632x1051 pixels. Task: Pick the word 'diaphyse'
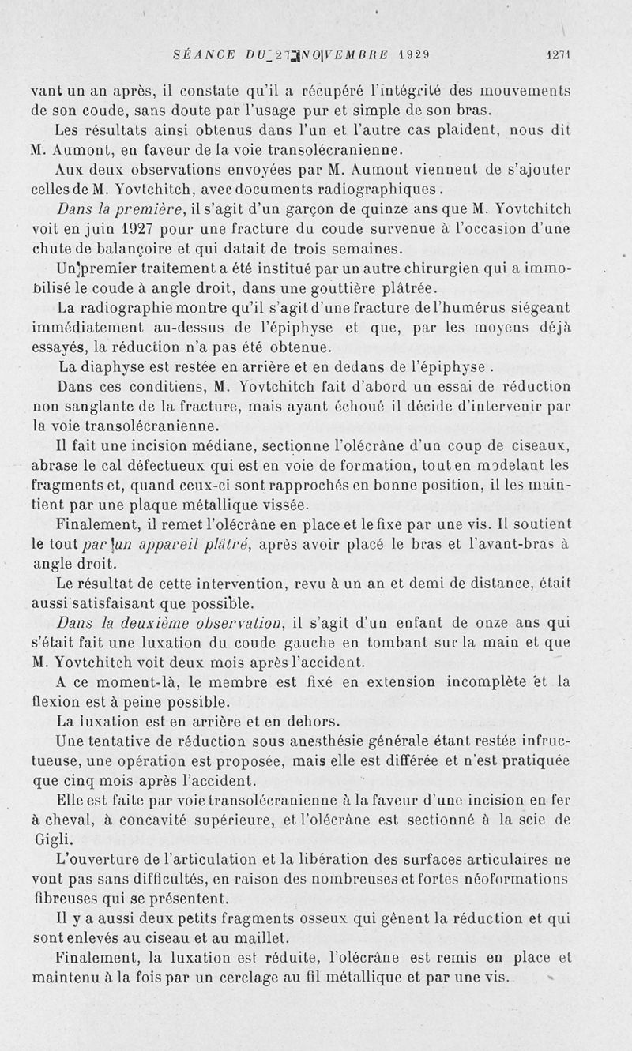115,367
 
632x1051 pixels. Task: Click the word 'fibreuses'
68,898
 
